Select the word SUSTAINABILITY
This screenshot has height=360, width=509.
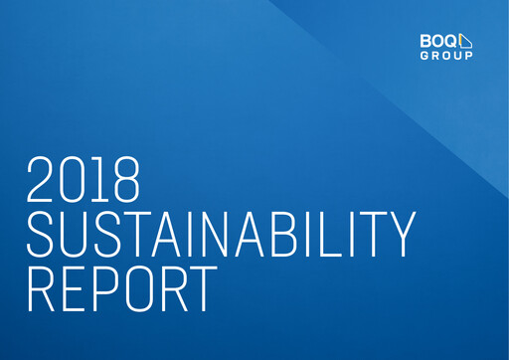coord(219,234)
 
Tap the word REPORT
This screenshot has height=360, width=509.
coord(119,288)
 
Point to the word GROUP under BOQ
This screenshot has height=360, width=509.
coord(447,56)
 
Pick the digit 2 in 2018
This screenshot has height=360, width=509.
coord(42,179)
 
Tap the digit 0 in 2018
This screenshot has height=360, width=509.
coord(74,179)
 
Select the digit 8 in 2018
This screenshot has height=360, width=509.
coord(124,179)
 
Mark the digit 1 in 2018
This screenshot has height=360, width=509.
coord(100,179)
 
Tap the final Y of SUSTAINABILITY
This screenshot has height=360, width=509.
coord(398,234)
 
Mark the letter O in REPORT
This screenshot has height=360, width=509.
coord(134,288)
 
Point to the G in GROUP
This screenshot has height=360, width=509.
coord(425,56)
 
